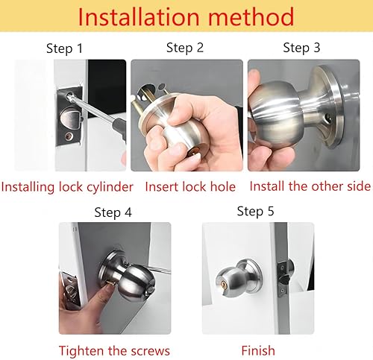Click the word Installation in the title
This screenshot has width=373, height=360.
point(139,16)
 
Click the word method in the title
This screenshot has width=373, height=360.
point(251,16)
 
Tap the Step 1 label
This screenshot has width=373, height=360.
point(64,48)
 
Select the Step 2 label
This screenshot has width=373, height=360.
point(185,48)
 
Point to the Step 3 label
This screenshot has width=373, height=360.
point(301,48)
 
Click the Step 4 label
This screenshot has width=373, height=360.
point(113,212)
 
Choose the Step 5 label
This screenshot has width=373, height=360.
point(255,212)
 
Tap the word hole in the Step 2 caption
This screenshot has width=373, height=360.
point(223,187)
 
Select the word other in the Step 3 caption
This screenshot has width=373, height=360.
point(327,186)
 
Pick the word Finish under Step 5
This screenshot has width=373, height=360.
point(258,351)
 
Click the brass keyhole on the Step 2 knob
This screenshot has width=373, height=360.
point(195,151)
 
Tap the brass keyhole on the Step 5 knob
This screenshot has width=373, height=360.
point(222,283)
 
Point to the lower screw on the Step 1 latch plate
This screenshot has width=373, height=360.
point(69,136)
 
